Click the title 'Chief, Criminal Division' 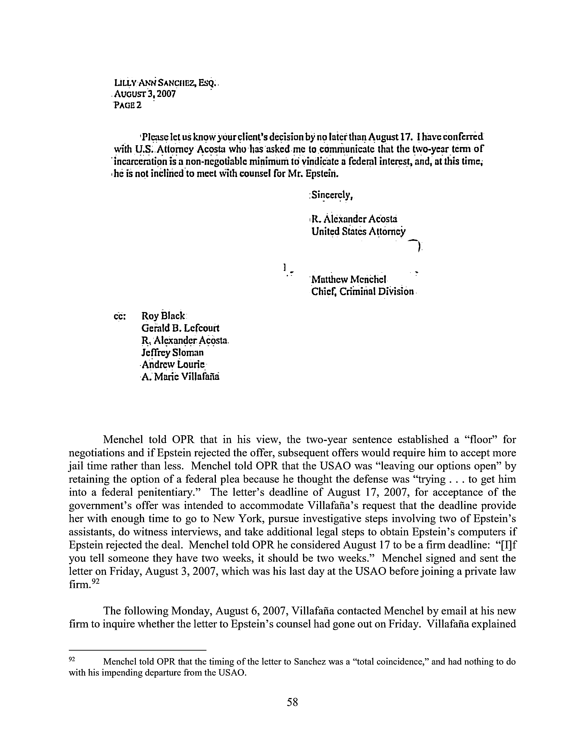tap(362, 291)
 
